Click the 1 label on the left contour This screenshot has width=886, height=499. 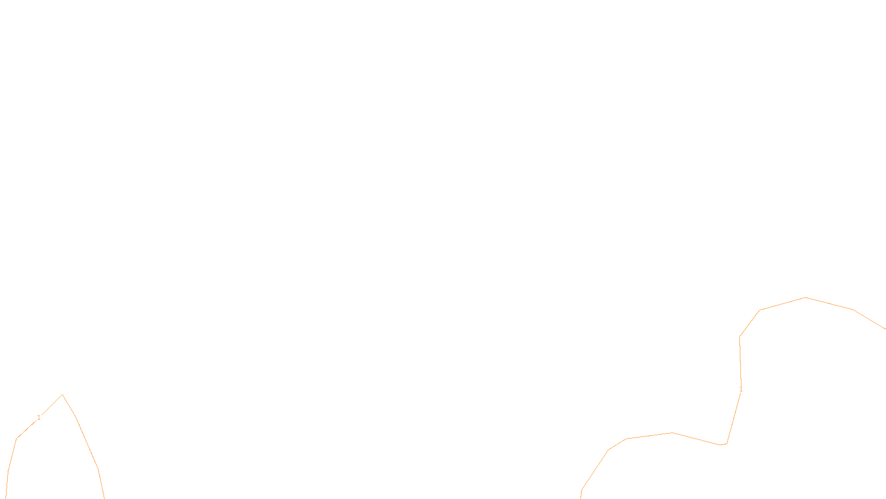39,417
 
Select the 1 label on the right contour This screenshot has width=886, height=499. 741,389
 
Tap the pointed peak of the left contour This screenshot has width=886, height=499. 63,395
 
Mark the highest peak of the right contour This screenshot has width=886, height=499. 806,298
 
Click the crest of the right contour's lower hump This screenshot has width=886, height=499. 672,432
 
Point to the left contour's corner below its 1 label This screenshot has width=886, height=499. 17,439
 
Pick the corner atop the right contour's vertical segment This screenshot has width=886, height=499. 740,337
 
